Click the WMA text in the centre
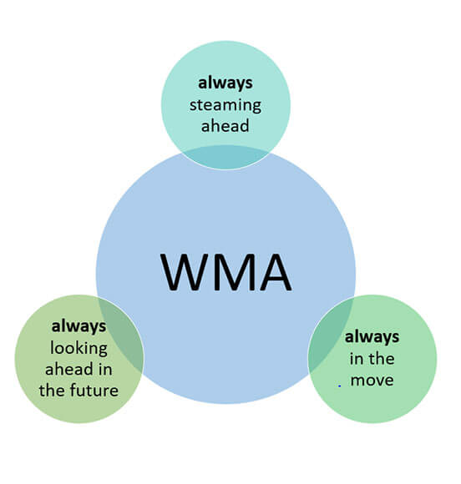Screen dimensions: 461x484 click(x=225, y=272)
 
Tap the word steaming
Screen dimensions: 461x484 click(x=225, y=106)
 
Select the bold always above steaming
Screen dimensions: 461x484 click(x=225, y=83)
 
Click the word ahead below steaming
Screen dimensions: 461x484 click(x=225, y=126)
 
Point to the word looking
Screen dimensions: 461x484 click(x=79, y=349)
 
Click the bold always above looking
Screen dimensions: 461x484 click(x=79, y=326)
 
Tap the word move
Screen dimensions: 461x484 click(x=372, y=381)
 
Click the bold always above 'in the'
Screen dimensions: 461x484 click(x=372, y=337)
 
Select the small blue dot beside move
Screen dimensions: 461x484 click(x=340, y=386)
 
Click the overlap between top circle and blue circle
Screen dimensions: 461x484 click(x=225, y=158)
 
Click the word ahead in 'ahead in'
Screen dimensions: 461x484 click(x=69, y=369)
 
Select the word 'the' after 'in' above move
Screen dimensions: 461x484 click(x=381, y=359)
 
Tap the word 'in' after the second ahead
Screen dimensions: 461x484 click(x=105, y=369)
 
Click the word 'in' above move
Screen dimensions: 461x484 click(x=356, y=360)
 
